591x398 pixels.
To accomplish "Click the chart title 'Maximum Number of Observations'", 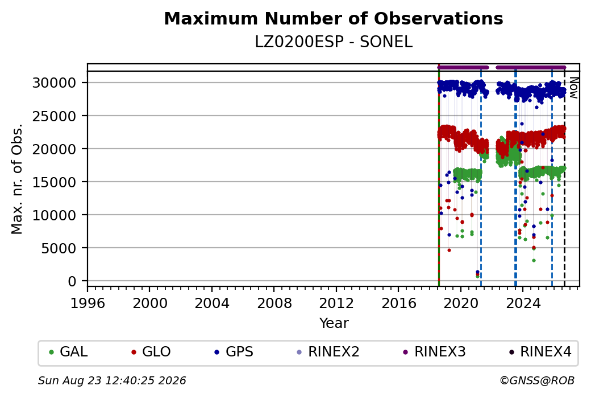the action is point(334,18).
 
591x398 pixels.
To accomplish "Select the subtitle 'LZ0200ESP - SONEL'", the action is point(334,42).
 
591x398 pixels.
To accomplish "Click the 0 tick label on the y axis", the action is point(72,281).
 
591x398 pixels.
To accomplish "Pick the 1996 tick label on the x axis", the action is point(88,303).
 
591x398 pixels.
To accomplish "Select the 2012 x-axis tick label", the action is point(336,303).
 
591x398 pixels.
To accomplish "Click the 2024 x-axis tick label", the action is point(523,303).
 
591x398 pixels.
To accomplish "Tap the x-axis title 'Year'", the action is point(334,323).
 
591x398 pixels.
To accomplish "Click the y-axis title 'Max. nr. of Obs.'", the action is point(17,179).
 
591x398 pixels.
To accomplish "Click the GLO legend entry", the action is point(151,352).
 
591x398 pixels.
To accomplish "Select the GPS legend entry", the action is point(234,352).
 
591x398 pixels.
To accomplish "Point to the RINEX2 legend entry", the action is point(328,352).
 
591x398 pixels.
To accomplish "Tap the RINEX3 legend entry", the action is point(434,352).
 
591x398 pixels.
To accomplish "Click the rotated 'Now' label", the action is point(573,88).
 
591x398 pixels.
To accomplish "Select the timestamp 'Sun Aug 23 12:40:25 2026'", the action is point(112,380).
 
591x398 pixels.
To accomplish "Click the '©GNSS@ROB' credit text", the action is point(537,380).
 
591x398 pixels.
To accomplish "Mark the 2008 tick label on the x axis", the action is point(274,303).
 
